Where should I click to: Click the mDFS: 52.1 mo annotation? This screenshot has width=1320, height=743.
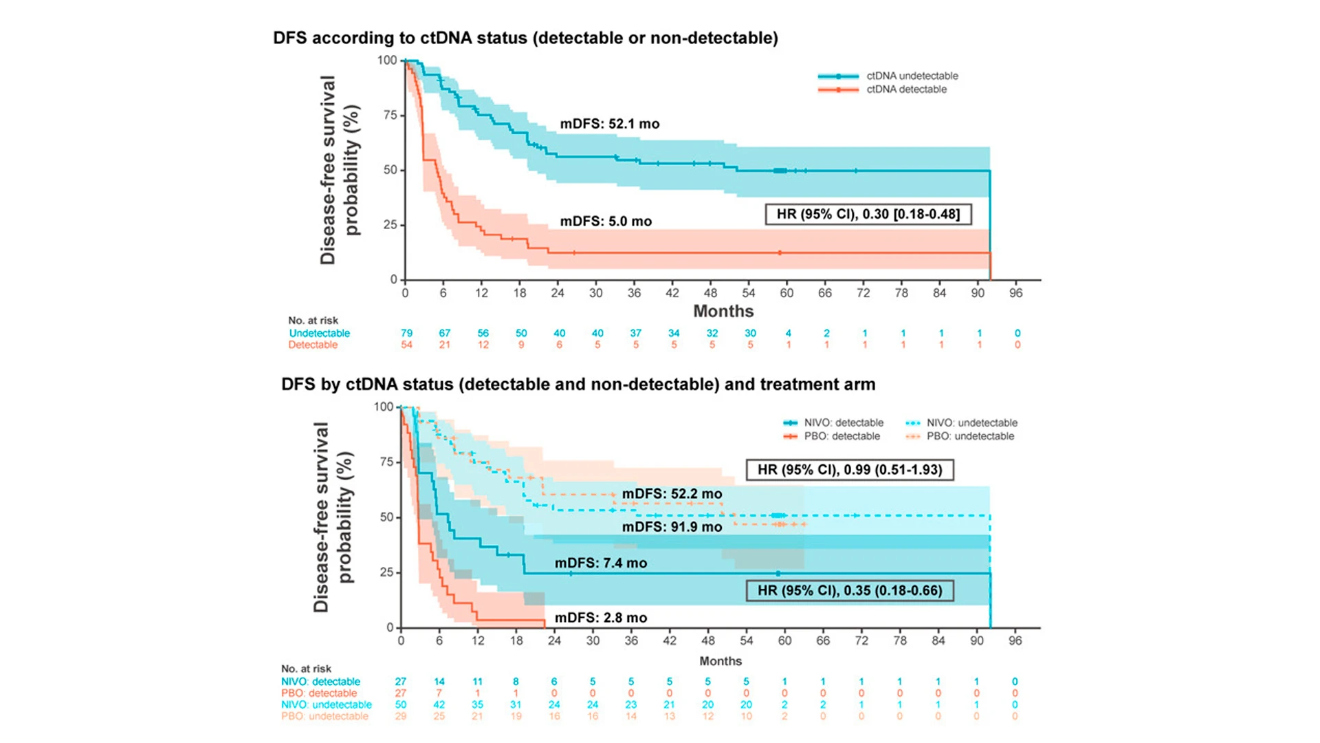(609, 124)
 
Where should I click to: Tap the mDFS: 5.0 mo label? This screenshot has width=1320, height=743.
(605, 221)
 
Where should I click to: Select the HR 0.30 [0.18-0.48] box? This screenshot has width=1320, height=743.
(868, 214)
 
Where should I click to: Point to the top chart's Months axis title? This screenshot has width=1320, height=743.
(723, 311)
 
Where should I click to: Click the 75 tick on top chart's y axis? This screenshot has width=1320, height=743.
(390, 115)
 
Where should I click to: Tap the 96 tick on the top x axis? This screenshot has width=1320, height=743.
(1015, 293)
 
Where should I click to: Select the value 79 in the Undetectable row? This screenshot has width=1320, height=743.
(406, 333)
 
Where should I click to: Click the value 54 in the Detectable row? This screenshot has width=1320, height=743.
(406, 345)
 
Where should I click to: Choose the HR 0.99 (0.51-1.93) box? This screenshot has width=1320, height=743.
(849, 470)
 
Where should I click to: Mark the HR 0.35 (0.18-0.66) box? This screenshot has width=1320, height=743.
(849, 590)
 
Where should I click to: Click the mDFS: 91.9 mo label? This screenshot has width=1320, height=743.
(672, 527)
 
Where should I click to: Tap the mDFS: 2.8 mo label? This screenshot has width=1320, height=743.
(600, 618)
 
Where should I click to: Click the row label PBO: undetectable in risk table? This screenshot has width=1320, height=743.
(324, 716)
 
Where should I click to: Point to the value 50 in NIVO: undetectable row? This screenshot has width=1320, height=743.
(401, 704)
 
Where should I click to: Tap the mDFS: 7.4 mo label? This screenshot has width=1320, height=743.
(600, 563)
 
